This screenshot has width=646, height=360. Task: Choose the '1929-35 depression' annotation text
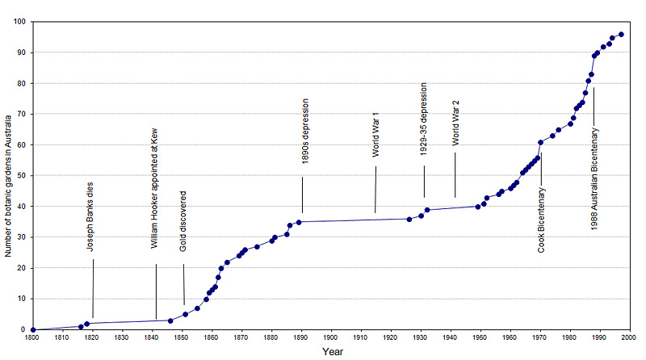coord(424,118)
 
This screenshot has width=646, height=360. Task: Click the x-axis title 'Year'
coord(332,352)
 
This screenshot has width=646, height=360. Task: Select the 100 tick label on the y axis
coord(18,22)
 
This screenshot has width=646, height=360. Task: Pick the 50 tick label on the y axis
coord(20,176)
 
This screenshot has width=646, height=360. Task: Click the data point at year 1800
coord(32,329)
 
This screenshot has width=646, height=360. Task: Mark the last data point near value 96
coord(621,34)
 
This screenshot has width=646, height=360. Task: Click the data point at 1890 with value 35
coord(299,222)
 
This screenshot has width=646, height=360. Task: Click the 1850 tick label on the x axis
coord(181,338)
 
